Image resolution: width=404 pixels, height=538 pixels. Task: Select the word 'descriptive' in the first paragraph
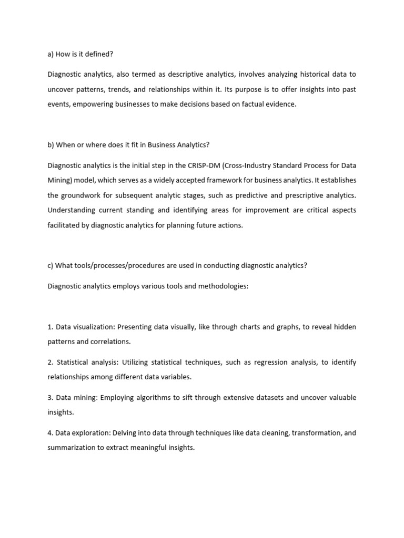point(172,75)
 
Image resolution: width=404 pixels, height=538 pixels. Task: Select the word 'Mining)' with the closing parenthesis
point(59,180)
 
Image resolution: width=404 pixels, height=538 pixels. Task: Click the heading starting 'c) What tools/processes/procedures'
point(177,265)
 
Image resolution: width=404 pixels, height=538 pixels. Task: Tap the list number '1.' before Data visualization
point(50,327)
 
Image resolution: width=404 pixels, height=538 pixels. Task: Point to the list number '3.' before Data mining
point(50,398)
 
